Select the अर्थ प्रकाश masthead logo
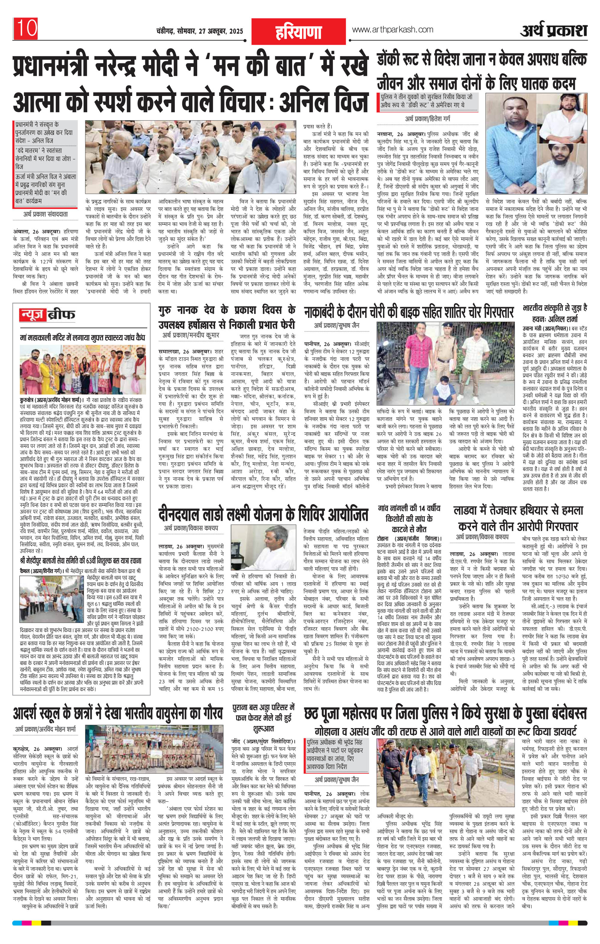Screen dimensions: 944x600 [x=554, y=31]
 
